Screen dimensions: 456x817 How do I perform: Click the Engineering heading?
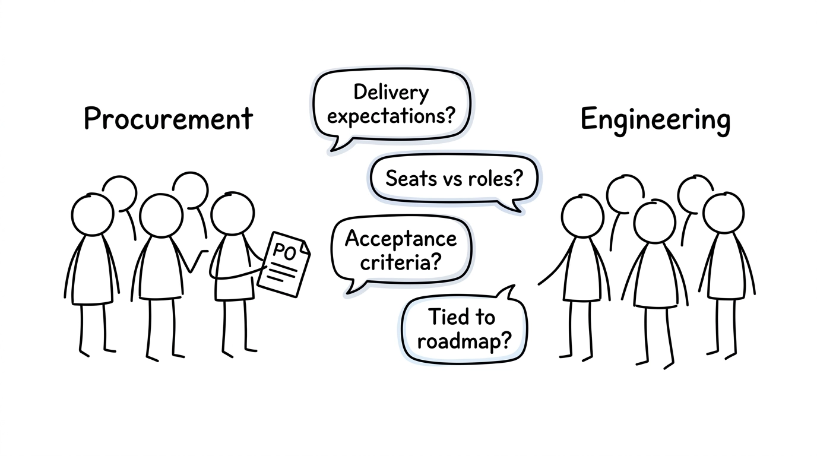(x=655, y=120)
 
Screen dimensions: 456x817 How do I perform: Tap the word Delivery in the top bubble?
(x=391, y=93)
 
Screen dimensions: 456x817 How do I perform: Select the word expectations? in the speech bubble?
(x=391, y=115)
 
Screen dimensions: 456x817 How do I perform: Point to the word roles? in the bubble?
(x=496, y=178)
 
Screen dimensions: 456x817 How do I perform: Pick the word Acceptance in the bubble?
(x=401, y=239)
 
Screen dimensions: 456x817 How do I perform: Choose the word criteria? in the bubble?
(x=401, y=261)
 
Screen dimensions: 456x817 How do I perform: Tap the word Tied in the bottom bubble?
(x=445, y=317)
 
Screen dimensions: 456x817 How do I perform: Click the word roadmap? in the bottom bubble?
(x=464, y=341)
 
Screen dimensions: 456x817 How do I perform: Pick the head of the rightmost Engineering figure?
(x=722, y=213)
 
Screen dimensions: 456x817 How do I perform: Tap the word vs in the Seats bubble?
(x=452, y=178)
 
